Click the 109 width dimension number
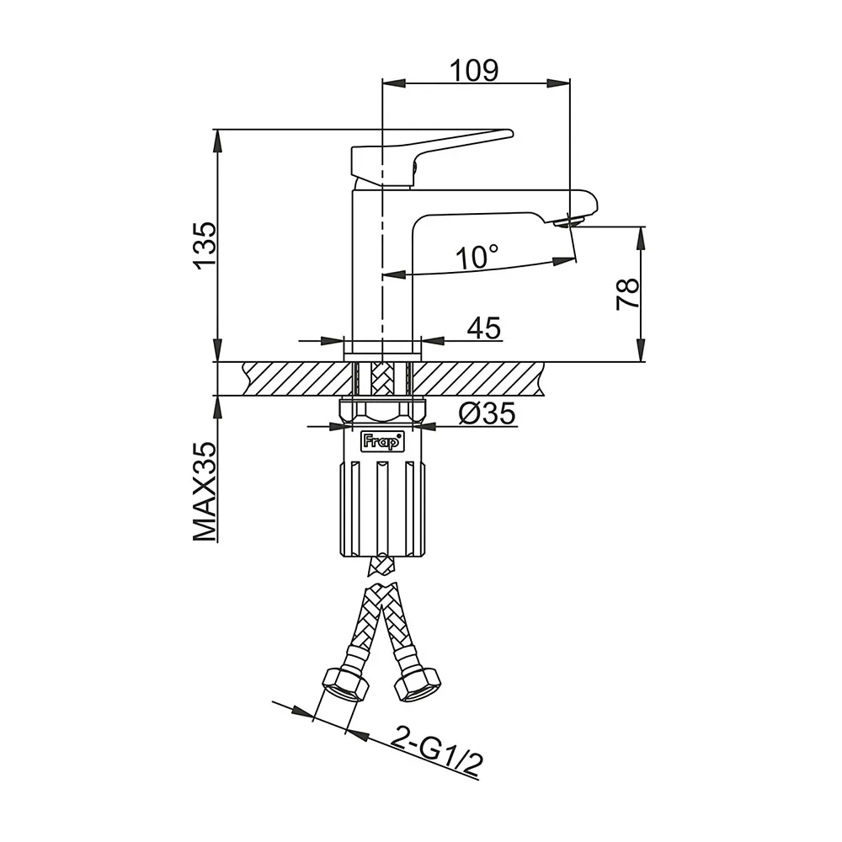pyautogui.click(x=474, y=71)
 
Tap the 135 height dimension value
pyautogui.click(x=205, y=244)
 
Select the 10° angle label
pyautogui.click(x=477, y=257)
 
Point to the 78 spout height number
pyautogui.click(x=628, y=294)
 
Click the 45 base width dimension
pyautogui.click(x=484, y=328)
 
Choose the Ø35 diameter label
pyautogui.click(x=487, y=413)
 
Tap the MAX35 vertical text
pyautogui.click(x=205, y=492)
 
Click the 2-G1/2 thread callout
pyautogui.click(x=436, y=751)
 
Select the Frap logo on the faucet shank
pyautogui.click(x=381, y=441)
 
